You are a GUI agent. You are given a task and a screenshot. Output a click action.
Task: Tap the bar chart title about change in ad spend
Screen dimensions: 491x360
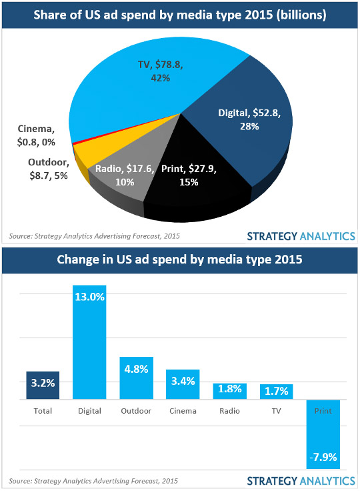[180, 259]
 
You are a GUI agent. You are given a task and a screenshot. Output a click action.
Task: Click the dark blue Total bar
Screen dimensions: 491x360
[43, 386]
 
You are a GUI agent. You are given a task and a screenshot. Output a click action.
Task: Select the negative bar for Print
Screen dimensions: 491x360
[323, 434]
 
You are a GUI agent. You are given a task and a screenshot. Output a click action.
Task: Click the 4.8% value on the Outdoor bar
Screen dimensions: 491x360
[136, 368]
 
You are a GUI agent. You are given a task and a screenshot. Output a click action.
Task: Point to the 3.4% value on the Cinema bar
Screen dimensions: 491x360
[183, 381]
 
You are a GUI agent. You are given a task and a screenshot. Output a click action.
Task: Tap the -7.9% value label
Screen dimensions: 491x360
[323, 457]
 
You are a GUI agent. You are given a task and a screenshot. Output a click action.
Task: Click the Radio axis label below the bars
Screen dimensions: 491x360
[229, 411]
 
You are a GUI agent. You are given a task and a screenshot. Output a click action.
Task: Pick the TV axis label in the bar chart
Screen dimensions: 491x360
[276, 411]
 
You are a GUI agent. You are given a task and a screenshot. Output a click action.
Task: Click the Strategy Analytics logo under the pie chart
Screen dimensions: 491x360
[300, 235]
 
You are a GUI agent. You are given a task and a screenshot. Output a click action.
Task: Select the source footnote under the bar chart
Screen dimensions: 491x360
[93, 480]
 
